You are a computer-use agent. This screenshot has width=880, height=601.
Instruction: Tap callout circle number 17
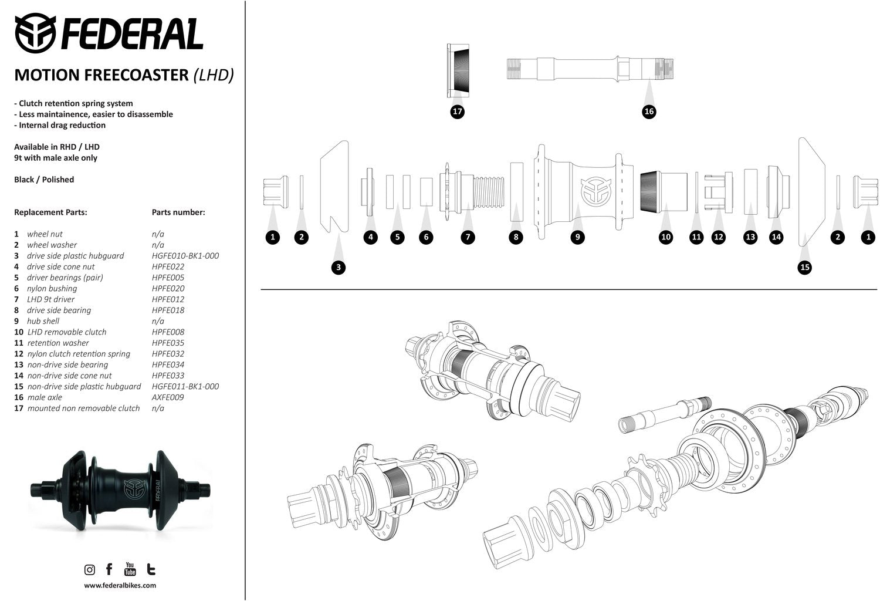(x=458, y=112)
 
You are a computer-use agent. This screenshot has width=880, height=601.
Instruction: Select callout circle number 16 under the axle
(x=649, y=112)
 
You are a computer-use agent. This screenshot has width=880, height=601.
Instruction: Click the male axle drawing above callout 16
(x=590, y=69)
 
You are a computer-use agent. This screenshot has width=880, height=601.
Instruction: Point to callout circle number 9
(x=578, y=237)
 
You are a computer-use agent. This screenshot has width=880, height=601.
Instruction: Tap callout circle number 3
(x=338, y=268)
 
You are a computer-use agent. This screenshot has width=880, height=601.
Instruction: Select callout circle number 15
(x=805, y=268)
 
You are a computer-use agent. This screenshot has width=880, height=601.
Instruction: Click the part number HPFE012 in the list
(x=168, y=299)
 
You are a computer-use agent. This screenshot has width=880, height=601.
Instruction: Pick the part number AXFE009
(x=168, y=397)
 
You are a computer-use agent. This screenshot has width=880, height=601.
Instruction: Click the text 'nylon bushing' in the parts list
(x=52, y=288)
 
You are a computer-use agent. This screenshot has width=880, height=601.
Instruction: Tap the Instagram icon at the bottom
(x=90, y=569)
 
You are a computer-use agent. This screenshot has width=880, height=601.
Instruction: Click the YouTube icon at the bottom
(x=130, y=569)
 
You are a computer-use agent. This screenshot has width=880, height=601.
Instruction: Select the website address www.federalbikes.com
(x=120, y=585)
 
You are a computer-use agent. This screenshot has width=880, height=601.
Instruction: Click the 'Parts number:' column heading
(x=178, y=212)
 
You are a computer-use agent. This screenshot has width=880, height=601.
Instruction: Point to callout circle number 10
(x=666, y=237)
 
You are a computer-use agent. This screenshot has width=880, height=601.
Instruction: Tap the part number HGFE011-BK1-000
(x=185, y=386)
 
